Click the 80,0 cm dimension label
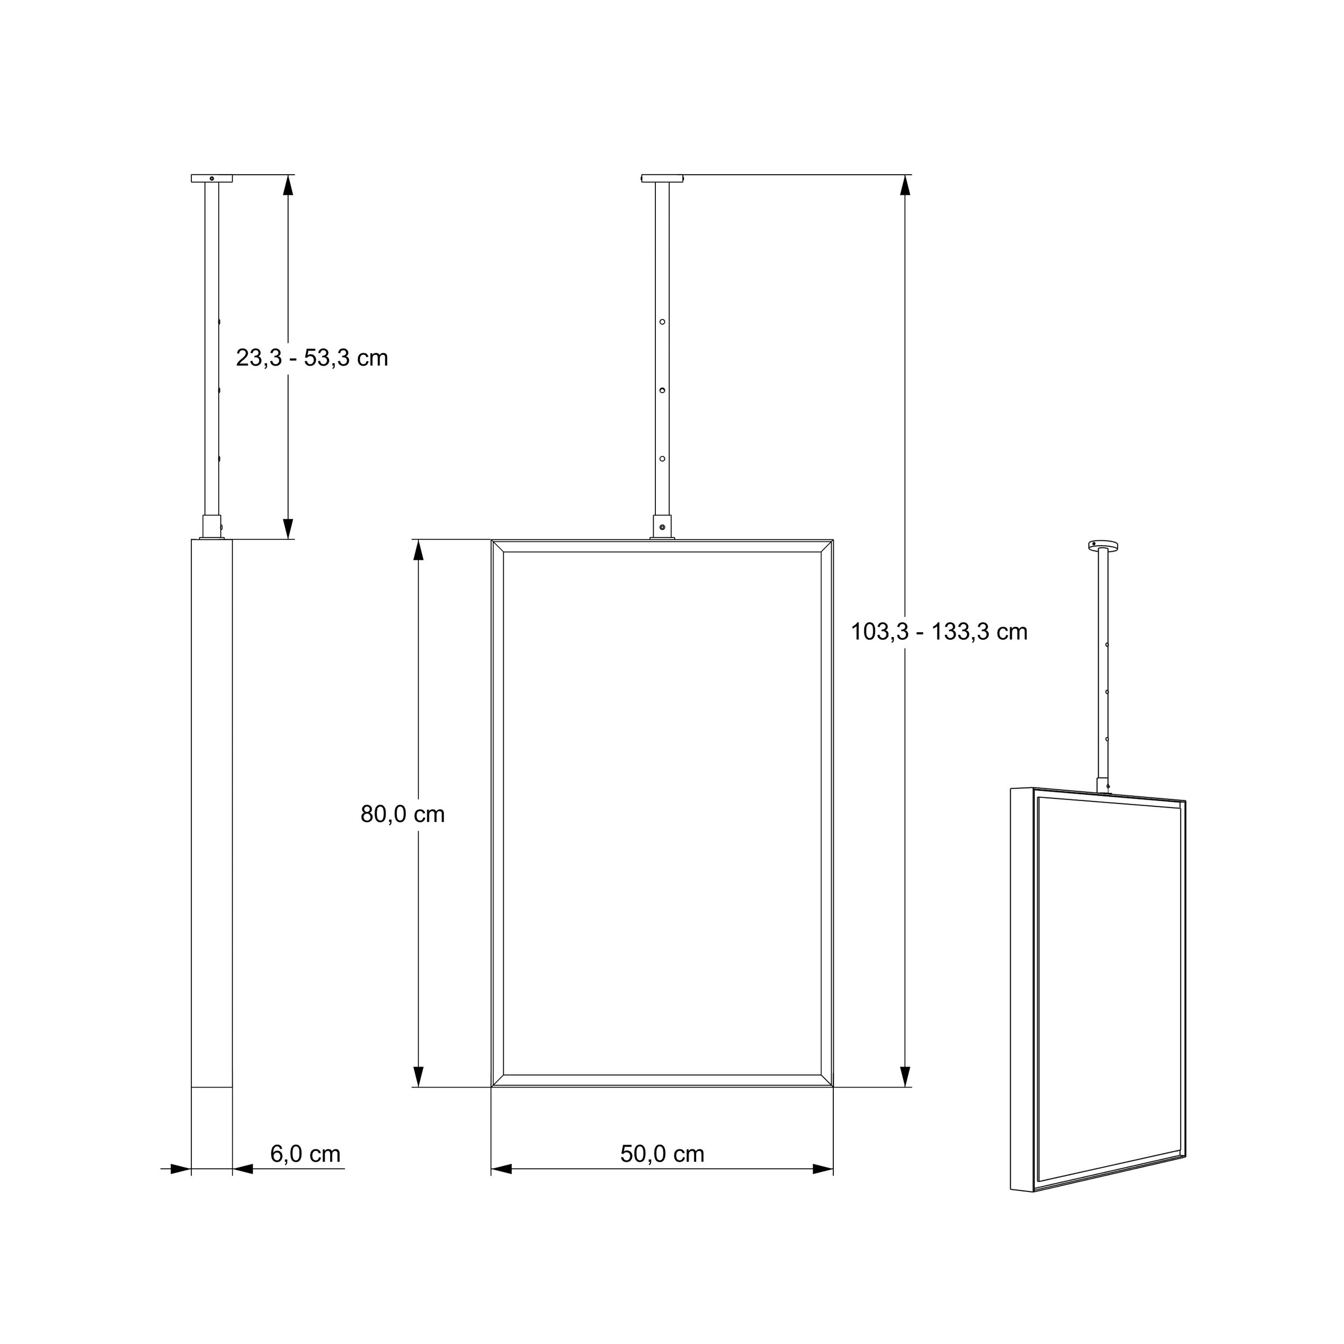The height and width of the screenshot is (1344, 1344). pos(402,814)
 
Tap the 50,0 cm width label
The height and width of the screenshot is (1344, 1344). pos(662,1153)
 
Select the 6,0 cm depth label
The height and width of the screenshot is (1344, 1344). pos(305,1153)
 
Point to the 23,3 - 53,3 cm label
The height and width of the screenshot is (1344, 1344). pos(312,358)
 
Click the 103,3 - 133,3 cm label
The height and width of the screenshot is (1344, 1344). pos(939,632)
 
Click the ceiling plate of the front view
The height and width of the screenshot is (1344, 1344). pos(662,179)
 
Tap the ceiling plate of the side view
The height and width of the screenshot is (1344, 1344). pos(211,179)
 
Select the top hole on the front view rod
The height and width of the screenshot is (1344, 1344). pos(662,322)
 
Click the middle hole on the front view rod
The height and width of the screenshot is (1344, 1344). pos(662,390)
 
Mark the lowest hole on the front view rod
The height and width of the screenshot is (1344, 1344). pos(662,459)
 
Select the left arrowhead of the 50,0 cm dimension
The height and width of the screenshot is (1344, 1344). pos(502,1169)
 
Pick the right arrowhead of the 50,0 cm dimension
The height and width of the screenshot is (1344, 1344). pos(823,1169)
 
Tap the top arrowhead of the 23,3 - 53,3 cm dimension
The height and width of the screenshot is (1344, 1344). pos(288,185)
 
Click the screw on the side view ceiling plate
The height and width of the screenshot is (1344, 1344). pos(211,178)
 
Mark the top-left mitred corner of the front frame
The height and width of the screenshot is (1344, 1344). pos(497,545)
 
